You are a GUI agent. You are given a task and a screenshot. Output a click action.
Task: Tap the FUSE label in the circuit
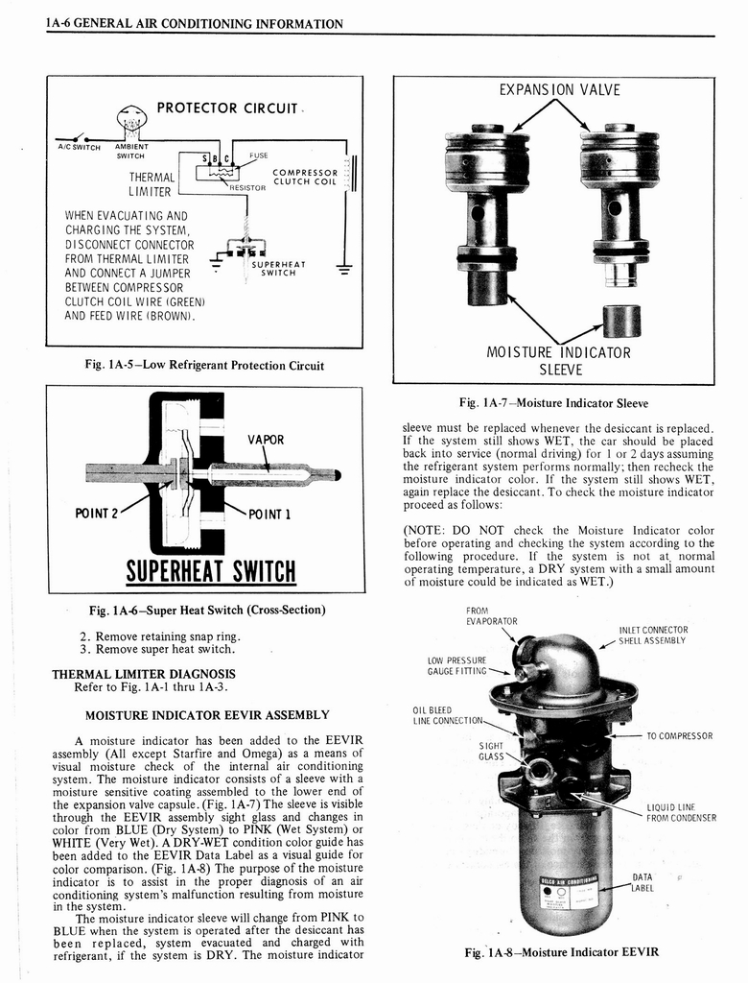pyautogui.click(x=259, y=155)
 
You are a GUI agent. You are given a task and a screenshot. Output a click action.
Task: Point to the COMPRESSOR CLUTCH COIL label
pyautogui.click(x=305, y=178)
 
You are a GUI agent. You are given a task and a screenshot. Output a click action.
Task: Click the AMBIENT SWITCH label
pyautogui.click(x=129, y=151)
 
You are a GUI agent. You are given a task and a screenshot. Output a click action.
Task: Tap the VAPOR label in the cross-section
pyautogui.click(x=267, y=440)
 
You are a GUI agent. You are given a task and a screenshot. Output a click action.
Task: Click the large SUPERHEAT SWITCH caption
pyautogui.click(x=211, y=572)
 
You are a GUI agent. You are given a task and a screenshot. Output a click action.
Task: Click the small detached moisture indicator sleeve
pyautogui.click(x=620, y=321)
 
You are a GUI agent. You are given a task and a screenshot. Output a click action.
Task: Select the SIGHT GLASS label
pyautogui.click(x=492, y=750)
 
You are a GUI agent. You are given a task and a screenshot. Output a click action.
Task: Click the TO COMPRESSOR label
pyautogui.click(x=679, y=736)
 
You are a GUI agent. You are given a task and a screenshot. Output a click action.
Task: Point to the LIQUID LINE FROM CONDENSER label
pyautogui.click(x=681, y=812)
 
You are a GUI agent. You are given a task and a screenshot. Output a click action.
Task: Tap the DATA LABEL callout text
pyautogui.click(x=643, y=882)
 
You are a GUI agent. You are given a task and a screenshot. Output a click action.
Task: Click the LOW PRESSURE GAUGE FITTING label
pyautogui.click(x=456, y=665)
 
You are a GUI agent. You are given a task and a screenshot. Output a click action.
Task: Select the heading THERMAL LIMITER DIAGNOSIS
pyautogui.click(x=143, y=674)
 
